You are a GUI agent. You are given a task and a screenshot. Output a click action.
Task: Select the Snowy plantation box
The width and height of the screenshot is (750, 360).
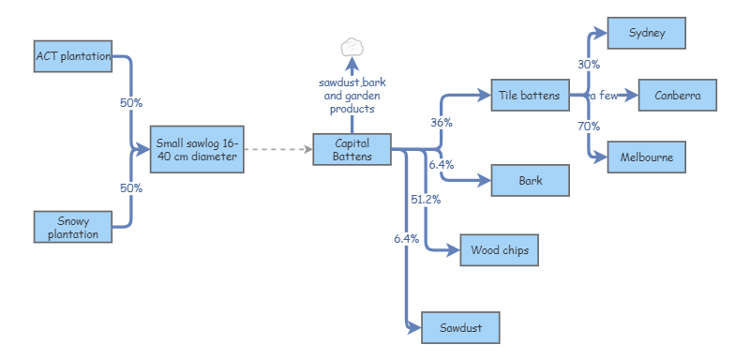[73, 227]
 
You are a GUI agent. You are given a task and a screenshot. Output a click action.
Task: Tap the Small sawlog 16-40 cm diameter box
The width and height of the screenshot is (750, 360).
[198, 149]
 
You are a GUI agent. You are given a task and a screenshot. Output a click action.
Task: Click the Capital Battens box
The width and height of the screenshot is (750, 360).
[352, 149]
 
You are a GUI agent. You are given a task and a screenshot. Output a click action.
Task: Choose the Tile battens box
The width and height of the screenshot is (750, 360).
[530, 95]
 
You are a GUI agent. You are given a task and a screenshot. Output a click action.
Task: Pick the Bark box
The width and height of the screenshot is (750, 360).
[530, 180]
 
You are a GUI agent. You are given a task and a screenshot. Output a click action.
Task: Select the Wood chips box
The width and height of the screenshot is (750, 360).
[499, 250]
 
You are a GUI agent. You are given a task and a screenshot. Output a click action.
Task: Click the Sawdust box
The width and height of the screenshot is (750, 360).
[460, 327]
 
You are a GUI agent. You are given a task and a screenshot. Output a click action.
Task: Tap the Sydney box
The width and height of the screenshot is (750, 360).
[648, 33]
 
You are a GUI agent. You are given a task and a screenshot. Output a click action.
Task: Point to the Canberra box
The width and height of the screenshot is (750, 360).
[678, 95]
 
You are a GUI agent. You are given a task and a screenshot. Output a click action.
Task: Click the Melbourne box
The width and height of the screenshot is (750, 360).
[647, 157]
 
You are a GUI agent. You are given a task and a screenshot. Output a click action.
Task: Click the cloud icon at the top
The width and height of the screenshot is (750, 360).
[352, 47]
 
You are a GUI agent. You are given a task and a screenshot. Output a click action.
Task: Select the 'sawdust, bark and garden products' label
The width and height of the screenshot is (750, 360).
[352, 96]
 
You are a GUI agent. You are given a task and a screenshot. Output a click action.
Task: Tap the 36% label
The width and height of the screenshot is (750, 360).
[442, 123]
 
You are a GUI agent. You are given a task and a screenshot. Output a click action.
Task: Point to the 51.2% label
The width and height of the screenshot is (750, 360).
[426, 200]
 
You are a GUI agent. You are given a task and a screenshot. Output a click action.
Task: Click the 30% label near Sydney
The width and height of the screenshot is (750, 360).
[589, 65]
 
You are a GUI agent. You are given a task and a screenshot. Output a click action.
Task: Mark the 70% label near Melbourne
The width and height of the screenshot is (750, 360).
[589, 126]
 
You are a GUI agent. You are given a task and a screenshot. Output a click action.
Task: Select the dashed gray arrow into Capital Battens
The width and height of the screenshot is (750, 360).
[279, 149]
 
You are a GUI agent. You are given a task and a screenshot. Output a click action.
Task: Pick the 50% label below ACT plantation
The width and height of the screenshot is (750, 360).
[131, 103]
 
